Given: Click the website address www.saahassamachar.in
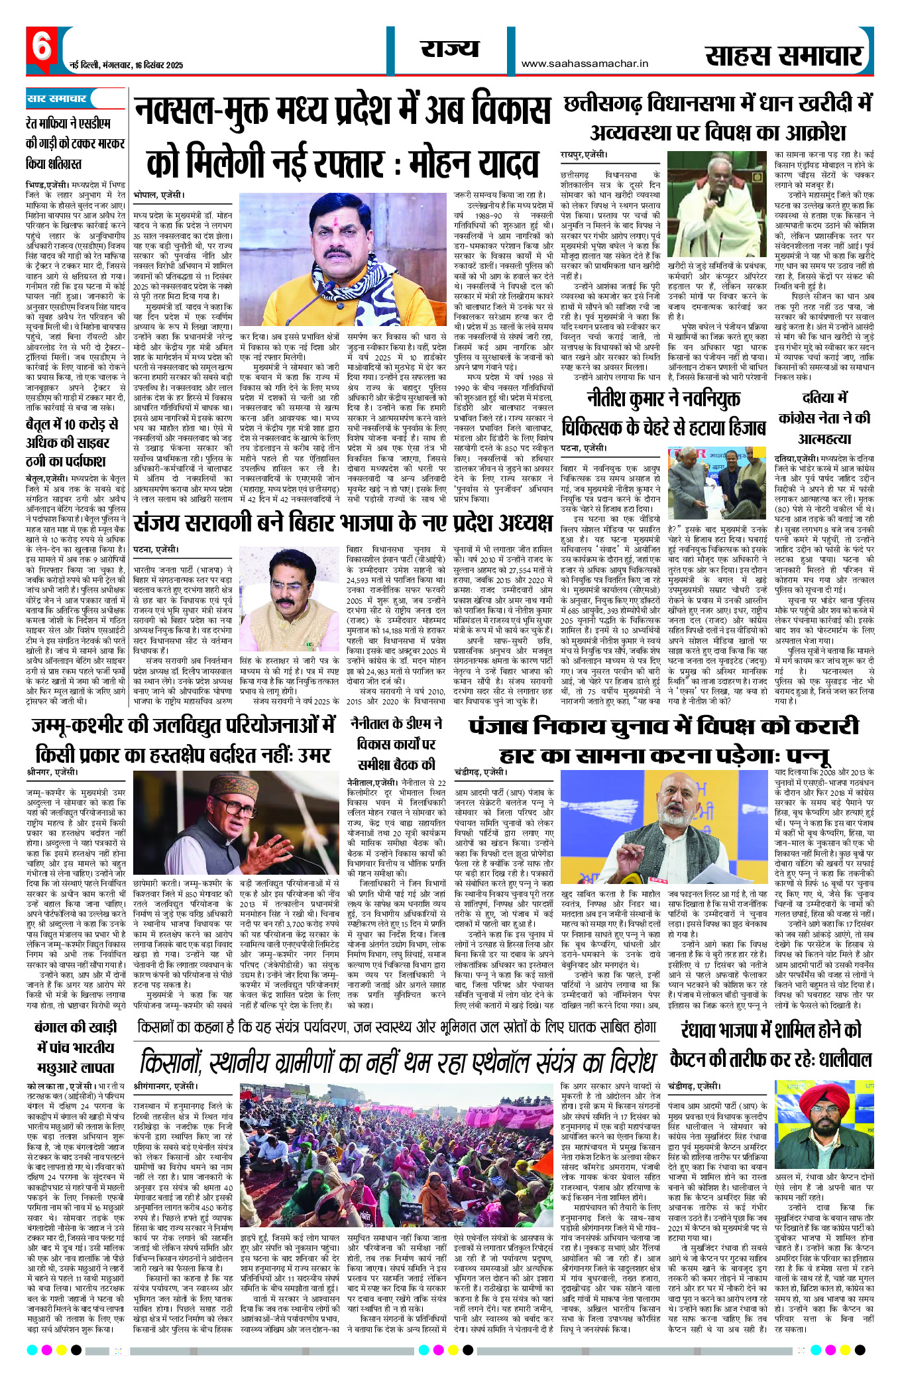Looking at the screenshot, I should pos(585,64).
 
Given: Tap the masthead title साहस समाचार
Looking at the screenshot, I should pos(784,56).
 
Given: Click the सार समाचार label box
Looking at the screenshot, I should pos(57,99).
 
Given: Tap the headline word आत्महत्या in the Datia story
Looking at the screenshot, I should pos(824,439).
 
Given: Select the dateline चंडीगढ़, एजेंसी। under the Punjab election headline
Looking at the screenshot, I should pos(480,772).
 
